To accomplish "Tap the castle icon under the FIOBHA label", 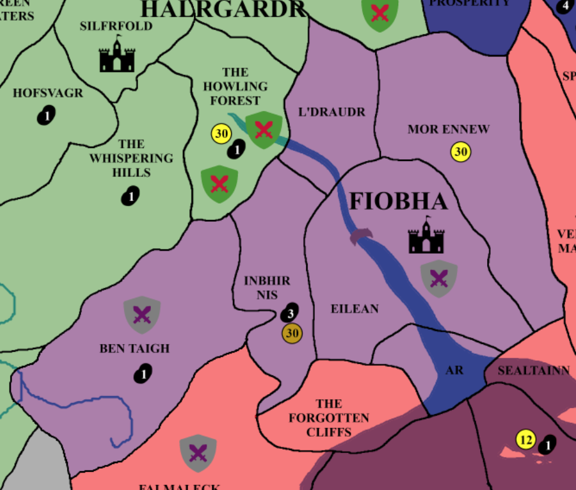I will (426, 236).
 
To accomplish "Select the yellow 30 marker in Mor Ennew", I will (461, 152).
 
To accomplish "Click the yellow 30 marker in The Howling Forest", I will (222, 133).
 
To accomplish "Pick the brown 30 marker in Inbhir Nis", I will (292, 333).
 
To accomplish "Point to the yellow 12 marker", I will (526, 440).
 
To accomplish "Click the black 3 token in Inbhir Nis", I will (289, 312).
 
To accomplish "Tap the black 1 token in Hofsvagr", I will (46, 115).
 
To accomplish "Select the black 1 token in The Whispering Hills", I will (130, 196).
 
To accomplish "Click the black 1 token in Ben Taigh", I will (143, 375).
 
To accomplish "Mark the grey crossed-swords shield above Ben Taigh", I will (142, 314).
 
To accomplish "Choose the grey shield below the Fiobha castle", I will (439, 278).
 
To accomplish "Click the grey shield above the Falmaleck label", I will (198, 452).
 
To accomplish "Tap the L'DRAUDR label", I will (332, 112).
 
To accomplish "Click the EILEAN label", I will (354, 309).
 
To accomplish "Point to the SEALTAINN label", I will (533, 371).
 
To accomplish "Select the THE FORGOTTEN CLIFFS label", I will (329, 417).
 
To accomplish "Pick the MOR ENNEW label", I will (448, 130).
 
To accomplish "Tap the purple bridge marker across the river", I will (361, 236).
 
